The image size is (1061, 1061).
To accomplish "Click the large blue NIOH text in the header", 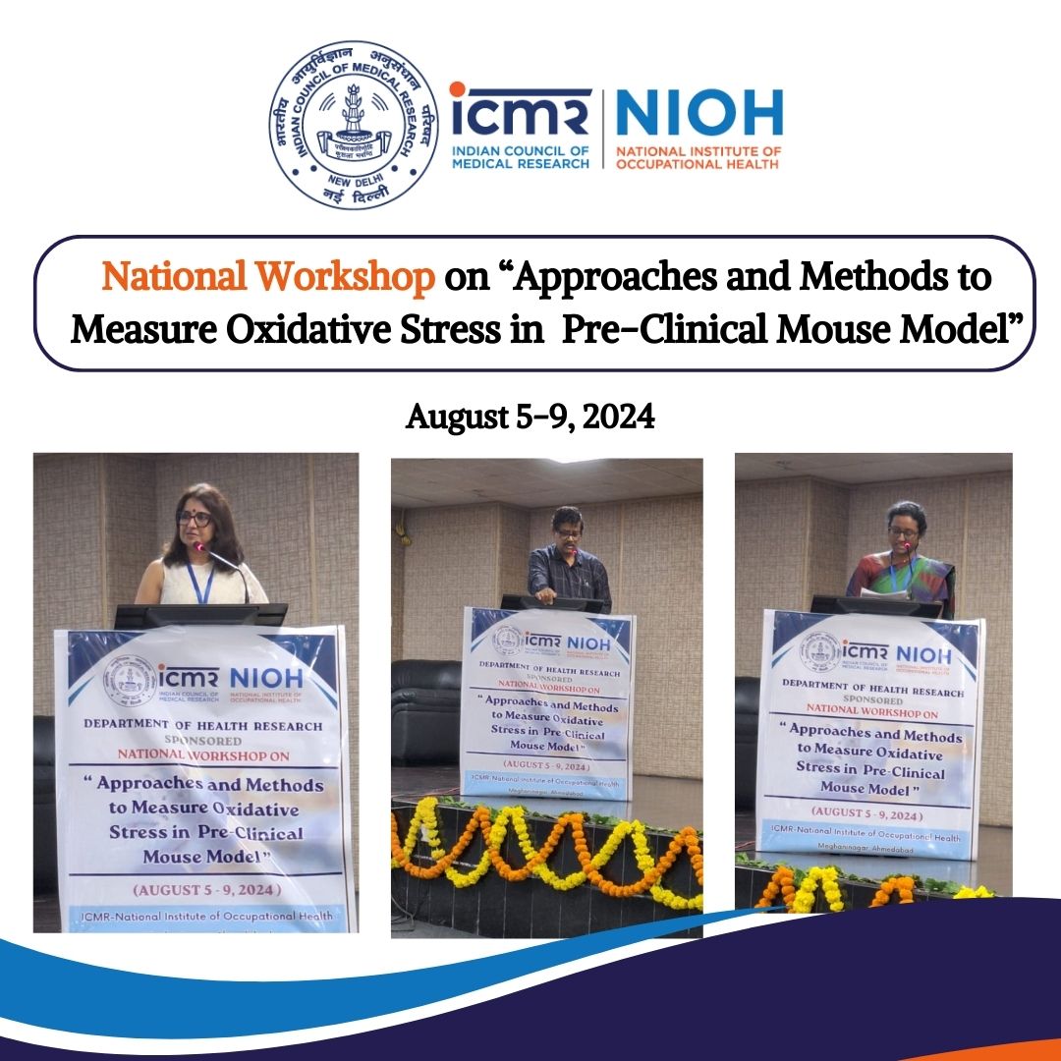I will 698,113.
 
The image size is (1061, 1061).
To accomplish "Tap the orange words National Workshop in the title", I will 268,278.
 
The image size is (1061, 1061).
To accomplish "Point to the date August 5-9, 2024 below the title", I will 530,418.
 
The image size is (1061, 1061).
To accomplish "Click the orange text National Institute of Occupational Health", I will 698,156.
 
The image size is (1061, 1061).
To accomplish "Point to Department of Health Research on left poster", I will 202,725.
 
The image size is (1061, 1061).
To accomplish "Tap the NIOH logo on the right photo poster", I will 923,653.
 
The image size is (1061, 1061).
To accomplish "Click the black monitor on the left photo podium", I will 200,615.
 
